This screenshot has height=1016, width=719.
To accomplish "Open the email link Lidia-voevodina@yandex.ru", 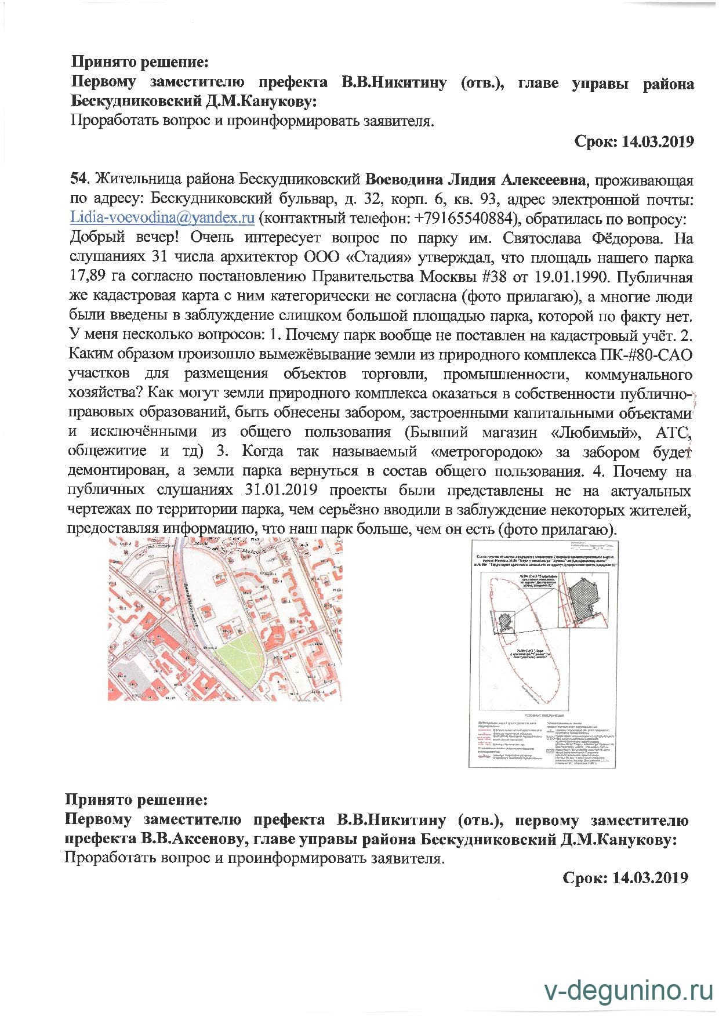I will (162, 218).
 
